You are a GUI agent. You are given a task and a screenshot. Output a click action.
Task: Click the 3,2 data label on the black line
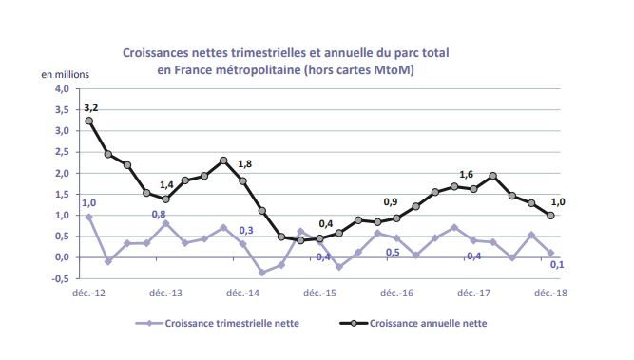click(91, 108)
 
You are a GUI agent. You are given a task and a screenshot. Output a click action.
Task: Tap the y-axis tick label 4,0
click(62, 89)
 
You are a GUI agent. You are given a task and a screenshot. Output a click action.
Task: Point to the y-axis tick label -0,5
click(60, 278)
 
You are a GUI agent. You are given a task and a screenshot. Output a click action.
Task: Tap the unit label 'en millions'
click(63, 74)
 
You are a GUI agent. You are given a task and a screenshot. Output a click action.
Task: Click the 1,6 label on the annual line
click(466, 174)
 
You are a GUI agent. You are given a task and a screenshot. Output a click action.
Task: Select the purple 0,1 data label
click(558, 265)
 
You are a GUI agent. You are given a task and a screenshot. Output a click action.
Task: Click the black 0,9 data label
click(390, 202)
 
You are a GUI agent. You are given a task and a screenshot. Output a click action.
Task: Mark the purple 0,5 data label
click(391, 252)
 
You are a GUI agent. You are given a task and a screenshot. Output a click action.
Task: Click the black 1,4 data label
click(166, 185)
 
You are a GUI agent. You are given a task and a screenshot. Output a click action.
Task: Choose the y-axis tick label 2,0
click(62, 174)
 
